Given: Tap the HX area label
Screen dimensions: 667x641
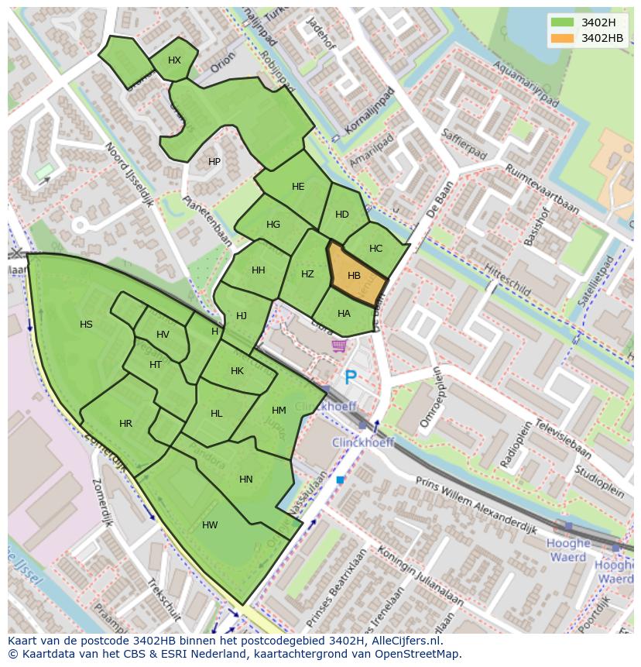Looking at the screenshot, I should click(x=174, y=60).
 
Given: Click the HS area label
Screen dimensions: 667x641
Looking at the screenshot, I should click(x=86, y=325).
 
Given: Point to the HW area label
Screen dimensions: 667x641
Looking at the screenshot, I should click(x=210, y=525).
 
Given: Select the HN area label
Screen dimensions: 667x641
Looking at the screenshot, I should click(x=246, y=480).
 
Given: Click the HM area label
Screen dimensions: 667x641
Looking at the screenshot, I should click(x=279, y=411).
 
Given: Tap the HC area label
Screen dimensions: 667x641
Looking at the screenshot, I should click(x=375, y=249).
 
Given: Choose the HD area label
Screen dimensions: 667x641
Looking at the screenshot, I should click(x=341, y=215).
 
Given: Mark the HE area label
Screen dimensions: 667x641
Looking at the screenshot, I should click(x=298, y=187).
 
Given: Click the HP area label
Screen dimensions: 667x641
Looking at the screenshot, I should click(x=214, y=162).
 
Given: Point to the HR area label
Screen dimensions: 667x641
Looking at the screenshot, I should click(x=125, y=424).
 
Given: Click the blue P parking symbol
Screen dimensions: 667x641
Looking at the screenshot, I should click(x=351, y=378).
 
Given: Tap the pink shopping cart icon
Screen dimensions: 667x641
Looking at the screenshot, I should click(x=338, y=346).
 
